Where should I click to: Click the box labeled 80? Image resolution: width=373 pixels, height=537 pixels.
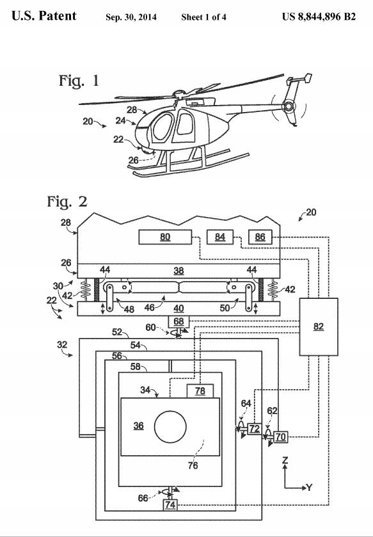coord(165,237)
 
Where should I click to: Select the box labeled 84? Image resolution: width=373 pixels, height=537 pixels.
coord(220,237)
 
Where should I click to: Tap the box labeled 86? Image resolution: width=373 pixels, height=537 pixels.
coord(260,237)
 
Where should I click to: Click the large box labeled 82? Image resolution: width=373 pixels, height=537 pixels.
coord(319,326)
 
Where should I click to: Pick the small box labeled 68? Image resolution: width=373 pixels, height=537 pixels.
coord(179,321)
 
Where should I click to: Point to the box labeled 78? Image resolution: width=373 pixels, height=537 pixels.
coord(200,391)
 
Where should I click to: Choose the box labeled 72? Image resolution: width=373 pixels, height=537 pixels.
coord(254,428)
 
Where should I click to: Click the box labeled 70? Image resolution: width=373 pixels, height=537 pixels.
coord(281,437)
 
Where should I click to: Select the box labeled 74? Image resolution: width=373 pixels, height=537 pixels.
coord(170,505)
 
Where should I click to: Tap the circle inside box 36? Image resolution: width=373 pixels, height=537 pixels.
coord(170,427)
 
